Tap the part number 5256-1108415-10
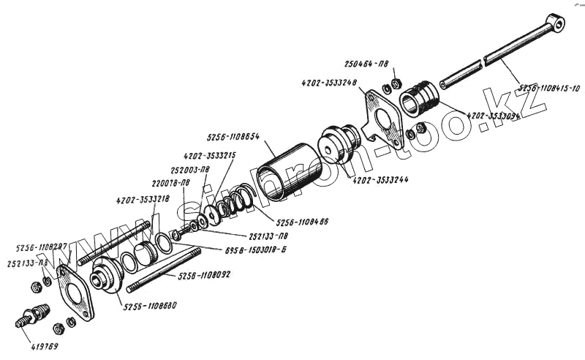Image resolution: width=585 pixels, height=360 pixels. point(549,89)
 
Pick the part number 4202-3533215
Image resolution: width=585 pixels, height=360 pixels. point(209,155)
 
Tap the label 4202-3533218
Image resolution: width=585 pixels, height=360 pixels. point(143,199)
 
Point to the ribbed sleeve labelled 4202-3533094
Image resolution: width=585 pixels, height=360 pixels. point(420,97)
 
